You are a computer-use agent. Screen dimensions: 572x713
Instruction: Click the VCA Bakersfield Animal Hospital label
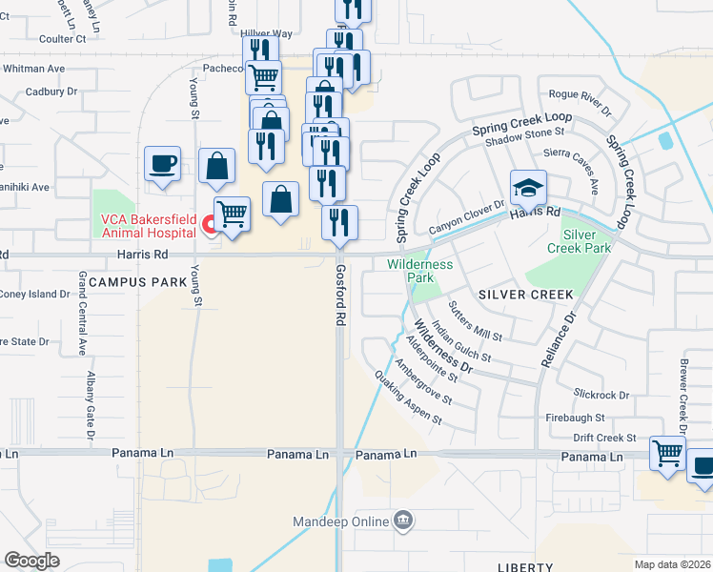click(147, 227)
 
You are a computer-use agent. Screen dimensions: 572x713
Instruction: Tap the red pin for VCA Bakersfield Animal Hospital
click(210, 226)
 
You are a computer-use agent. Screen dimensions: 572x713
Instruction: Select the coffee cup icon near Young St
click(162, 163)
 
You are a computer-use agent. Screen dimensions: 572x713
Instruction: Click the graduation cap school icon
click(527, 186)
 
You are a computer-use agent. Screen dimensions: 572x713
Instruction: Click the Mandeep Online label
click(341, 521)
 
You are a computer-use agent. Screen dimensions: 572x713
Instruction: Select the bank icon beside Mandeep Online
click(403, 521)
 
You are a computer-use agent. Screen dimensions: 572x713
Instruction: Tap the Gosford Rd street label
click(339, 296)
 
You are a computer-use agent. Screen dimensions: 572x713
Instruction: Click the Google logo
click(31, 561)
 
